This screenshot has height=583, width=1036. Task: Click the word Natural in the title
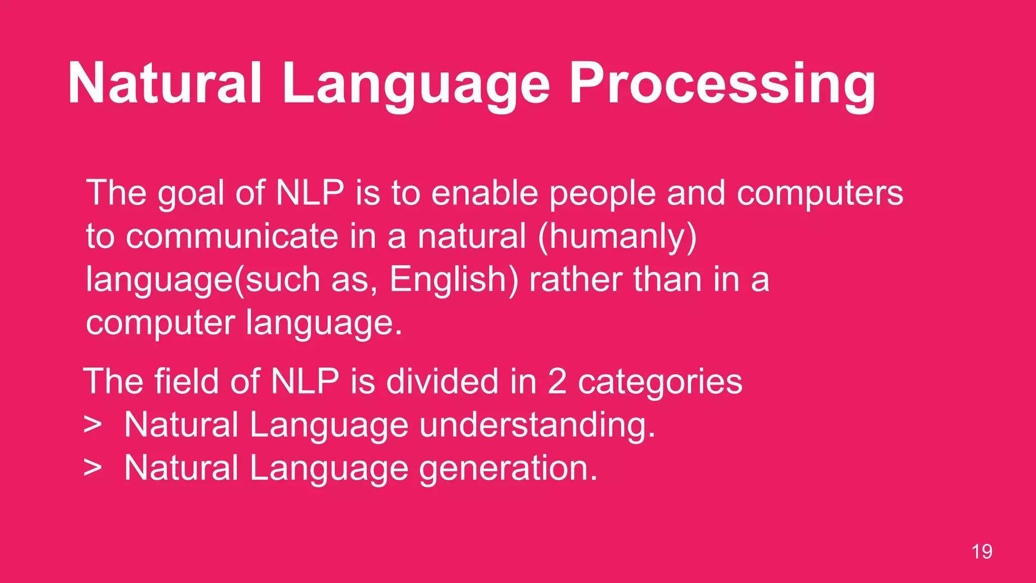[x=165, y=84]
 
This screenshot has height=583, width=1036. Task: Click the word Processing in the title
[x=722, y=84]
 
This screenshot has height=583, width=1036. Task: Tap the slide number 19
[x=981, y=552]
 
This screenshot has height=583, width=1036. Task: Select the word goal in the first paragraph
[x=191, y=194]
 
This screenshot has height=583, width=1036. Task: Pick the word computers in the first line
[x=819, y=194]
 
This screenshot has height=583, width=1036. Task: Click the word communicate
[x=232, y=236]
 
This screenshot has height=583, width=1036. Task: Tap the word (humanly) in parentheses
[x=617, y=237]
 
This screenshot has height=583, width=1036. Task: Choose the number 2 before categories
[x=556, y=382]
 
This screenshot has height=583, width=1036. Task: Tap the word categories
[x=660, y=382]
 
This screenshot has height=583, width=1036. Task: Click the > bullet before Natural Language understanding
[x=93, y=425]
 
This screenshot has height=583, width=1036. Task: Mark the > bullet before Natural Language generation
[x=93, y=468]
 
